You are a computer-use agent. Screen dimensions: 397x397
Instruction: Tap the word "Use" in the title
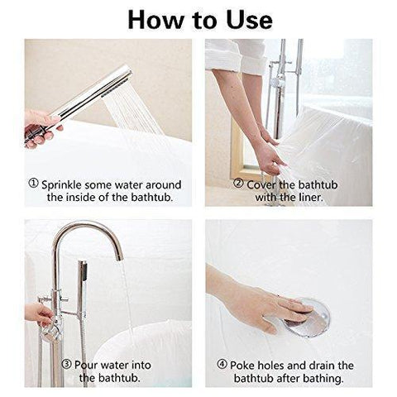[249, 20]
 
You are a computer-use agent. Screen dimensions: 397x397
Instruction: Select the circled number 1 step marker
[33, 183]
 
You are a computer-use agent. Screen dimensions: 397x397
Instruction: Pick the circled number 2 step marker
[238, 183]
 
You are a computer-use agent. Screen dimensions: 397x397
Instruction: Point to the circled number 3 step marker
[66, 364]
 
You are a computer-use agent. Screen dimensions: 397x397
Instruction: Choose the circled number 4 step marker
[222, 364]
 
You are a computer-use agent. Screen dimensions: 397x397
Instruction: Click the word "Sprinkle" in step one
[62, 185]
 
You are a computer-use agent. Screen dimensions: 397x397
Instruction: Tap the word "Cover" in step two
[261, 184]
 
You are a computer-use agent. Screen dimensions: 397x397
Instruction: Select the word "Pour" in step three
[86, 365]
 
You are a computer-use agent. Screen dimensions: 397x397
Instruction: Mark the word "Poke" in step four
[242, 366]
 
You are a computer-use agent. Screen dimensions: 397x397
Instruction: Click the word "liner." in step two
[311, 198]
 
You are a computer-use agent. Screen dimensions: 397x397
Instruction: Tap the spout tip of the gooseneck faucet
[119, 258]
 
